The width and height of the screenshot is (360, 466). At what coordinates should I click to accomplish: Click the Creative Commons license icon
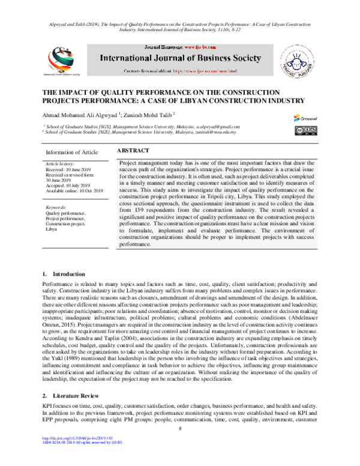[x=305, y=130]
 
